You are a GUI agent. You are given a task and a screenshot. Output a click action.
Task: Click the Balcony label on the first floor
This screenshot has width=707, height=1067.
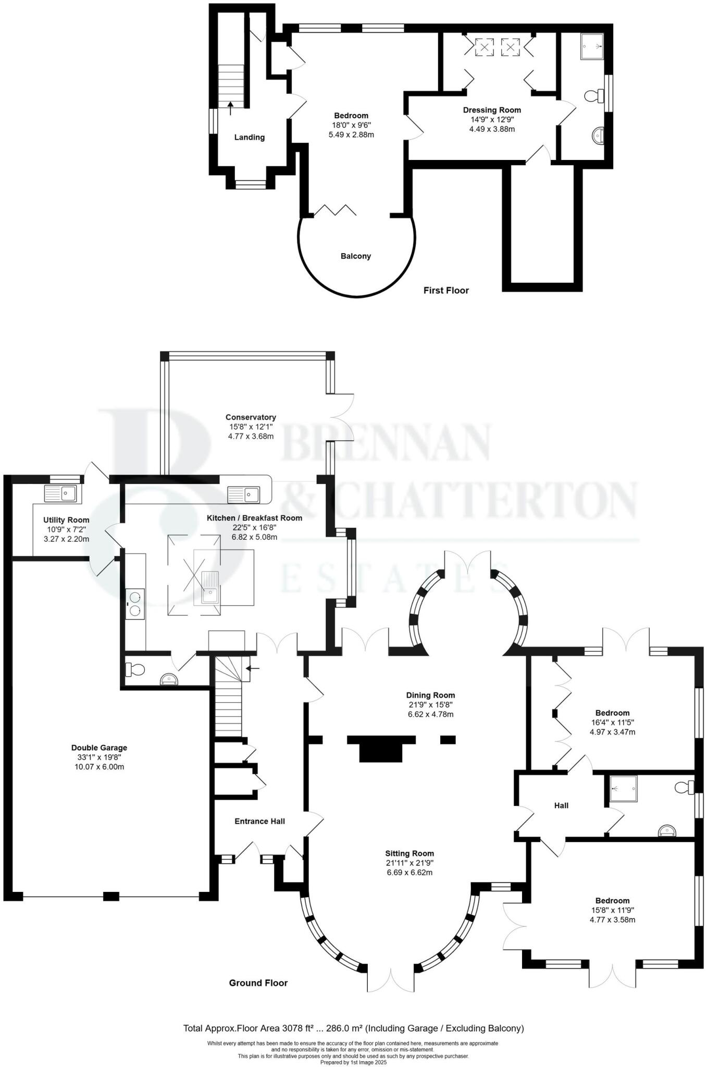(x=355, y=256)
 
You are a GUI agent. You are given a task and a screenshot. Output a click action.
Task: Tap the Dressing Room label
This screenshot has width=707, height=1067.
(x=492, y=110)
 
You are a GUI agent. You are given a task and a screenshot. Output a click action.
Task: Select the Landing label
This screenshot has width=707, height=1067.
(x=249, y=138)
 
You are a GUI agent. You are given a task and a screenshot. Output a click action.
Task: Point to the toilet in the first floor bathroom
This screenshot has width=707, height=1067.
(x=593, y=96)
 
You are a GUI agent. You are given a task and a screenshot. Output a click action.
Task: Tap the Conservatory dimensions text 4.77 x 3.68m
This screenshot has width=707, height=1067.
(x=251, y=436)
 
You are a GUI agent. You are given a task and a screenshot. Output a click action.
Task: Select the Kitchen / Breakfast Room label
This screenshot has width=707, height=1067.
(x=254, y=518)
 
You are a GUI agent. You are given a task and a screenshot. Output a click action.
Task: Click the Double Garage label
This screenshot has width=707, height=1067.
(x=99, y=748)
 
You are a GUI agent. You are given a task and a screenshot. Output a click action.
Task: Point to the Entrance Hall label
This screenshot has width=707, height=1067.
(x=259, y=821)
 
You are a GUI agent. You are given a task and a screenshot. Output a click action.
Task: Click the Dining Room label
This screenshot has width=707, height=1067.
(x=430, y=695)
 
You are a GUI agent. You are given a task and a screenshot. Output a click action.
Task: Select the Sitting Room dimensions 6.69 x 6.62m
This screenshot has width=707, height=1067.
(x=410, y=872)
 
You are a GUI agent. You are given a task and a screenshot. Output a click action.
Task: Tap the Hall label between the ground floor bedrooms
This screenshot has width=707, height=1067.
(x=561, y=805)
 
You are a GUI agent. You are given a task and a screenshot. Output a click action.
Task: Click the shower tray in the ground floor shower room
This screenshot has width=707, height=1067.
(x=624, y=789)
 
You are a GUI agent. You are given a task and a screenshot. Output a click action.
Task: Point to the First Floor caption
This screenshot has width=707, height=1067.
(x=446, y=290)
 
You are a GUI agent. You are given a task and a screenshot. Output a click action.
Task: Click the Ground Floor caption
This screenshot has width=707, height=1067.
(x=258, y=983)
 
